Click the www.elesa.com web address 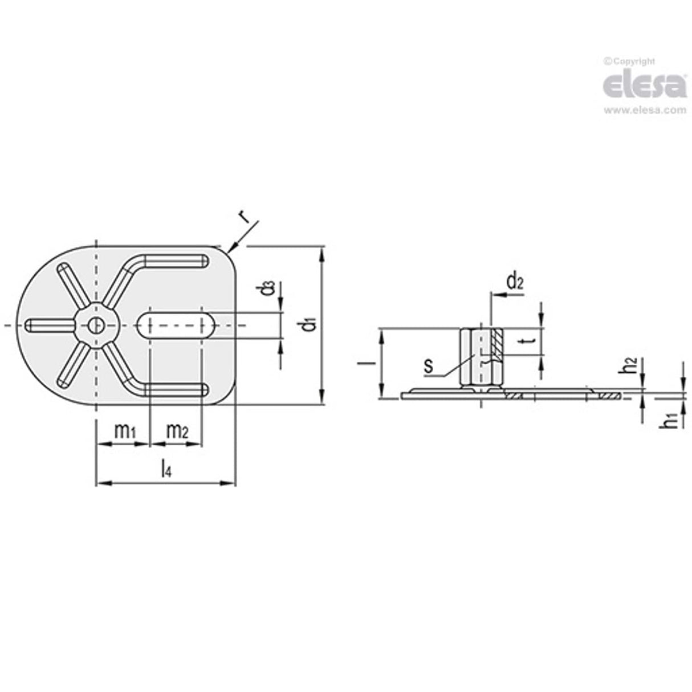click(x=644, y=111)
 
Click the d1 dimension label click(x=308, y=325)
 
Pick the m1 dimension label click(x=125, y=432)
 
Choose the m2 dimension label click(x=176, y=432)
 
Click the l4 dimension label click(x=165, y=469)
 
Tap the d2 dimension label click(x=515, y=281)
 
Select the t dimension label click(x=530, y=341)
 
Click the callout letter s click(x=429, y=365)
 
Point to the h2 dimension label click(x=629, y=365)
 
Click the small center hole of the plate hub click(x=95, y=325)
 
